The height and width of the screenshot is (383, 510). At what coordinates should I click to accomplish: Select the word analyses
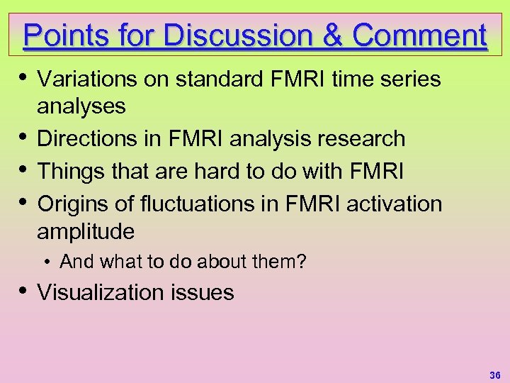[x=81, y=106]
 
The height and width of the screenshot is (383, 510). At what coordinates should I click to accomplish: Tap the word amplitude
[x=85, y=231]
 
